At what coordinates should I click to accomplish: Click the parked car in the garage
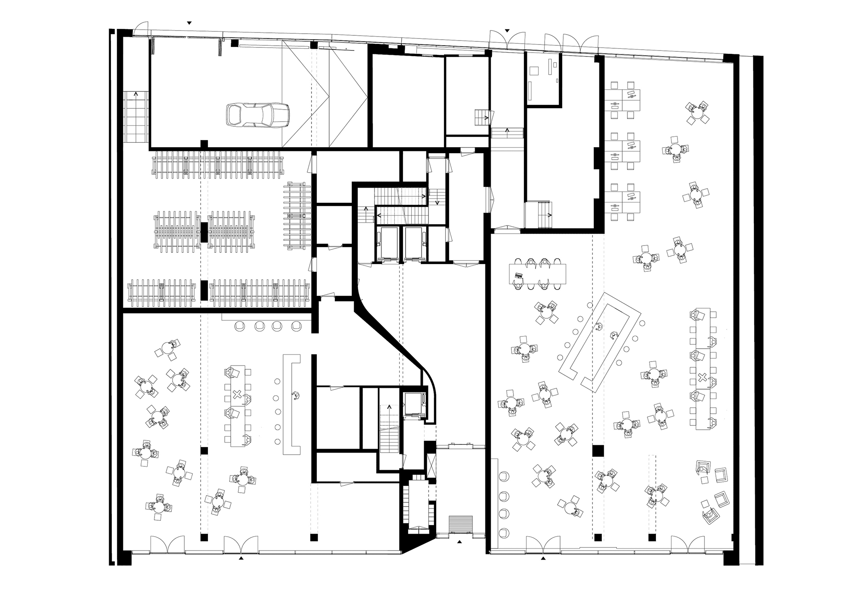click(258, 115)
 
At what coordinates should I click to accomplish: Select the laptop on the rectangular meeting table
click(518, 275)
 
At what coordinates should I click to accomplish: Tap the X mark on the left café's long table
click(236, 394)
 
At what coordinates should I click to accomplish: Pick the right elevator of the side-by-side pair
click(415, 243)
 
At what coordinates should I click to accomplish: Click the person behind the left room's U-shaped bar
click(296, 395)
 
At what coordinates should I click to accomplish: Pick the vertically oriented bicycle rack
click(298, 216)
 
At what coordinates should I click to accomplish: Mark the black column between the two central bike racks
click(204, 232)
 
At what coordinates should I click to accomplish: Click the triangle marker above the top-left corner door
click(189, 22)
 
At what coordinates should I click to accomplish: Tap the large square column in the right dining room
click(597, 451)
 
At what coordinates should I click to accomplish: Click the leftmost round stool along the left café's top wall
click(240, 326)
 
